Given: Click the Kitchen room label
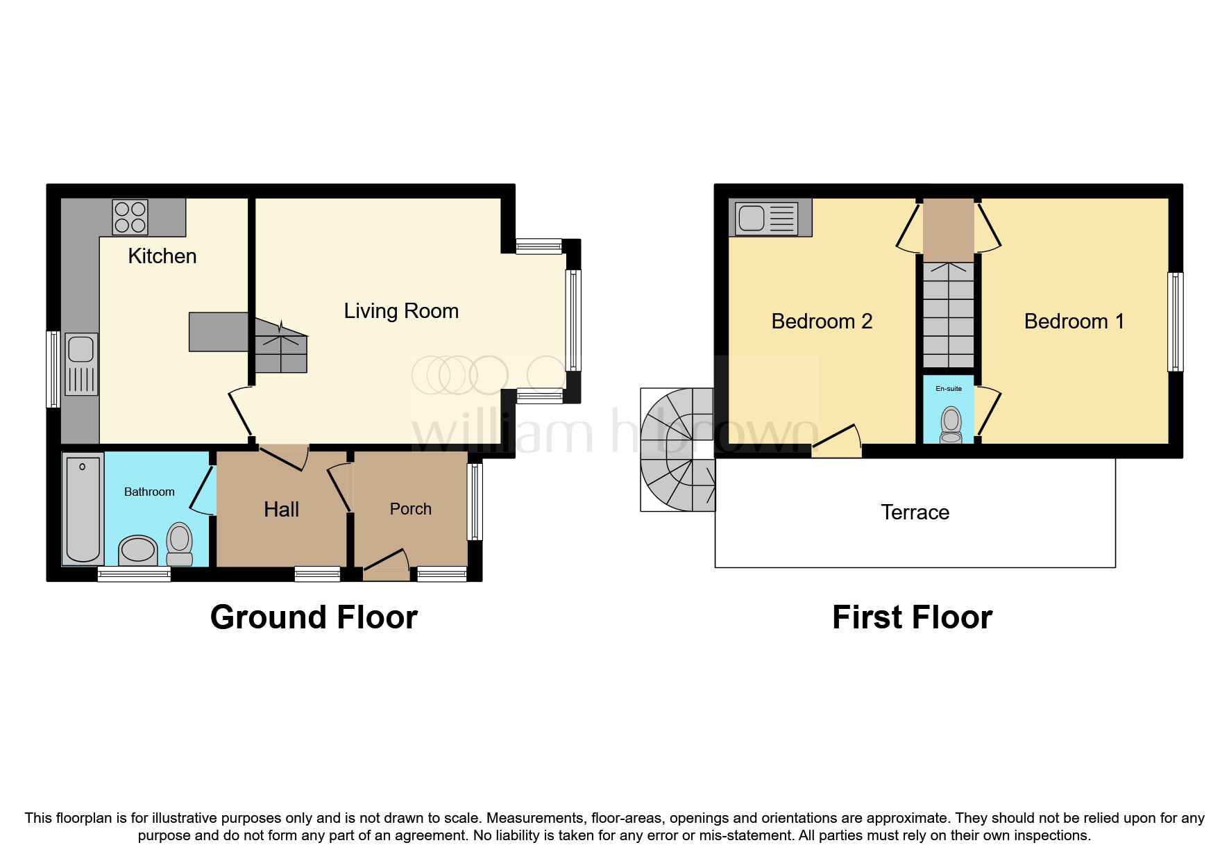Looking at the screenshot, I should point(162,256).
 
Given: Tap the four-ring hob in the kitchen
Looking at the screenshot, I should point(130,217).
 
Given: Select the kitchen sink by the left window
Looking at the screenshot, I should point(81,364).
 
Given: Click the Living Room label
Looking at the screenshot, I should point(401,311).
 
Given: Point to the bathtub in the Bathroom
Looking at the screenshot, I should point(83,508).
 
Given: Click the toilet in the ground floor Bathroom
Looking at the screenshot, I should point(180,544).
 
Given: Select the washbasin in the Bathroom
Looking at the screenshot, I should point(138,551).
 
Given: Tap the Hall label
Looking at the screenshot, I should point(281,510).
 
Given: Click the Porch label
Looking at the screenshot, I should point(410,509).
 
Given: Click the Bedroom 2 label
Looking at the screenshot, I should point(822,321).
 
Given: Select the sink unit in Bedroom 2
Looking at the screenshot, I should point(770,218).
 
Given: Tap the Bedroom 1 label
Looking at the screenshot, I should point(1074,321).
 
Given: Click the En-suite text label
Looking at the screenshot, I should point(948,389).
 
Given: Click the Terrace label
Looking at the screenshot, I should point(915,512).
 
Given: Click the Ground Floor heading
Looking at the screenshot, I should point(314,617).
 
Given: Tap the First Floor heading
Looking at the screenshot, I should point(912,617).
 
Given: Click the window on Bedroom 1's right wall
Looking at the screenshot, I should point(1175,321).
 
